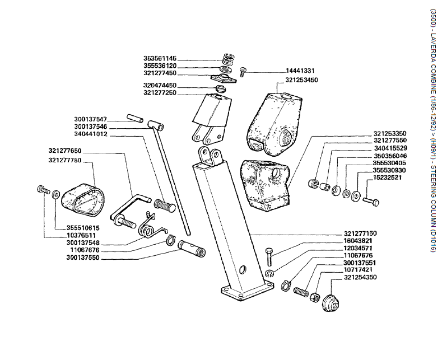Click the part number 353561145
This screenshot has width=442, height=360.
click(x=160, y=58)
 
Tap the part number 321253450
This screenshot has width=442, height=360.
click(x=301, y=80)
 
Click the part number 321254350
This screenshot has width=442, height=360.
click(x=360, y=277)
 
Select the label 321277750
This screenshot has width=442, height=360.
click(x=65, y=160)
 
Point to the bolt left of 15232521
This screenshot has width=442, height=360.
click(x=371, y=199)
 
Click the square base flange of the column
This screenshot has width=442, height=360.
click(x=244, y=291)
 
